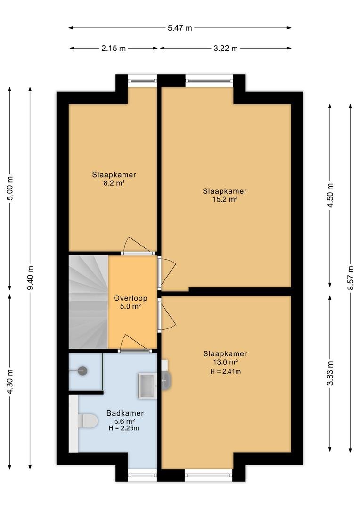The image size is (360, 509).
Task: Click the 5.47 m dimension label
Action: [x=180, y=28]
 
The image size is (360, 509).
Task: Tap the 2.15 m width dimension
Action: [x=114, y=49]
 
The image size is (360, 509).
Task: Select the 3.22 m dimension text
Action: [x=226, y=49]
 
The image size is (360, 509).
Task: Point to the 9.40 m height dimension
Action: [x=30, y=278]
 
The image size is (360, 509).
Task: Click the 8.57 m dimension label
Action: [x=350, y=278]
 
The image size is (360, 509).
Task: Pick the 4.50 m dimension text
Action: [x=330, y=195]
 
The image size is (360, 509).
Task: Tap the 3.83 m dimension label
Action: [x=330, y=373]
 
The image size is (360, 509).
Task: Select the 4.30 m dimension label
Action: [x=10, y=382]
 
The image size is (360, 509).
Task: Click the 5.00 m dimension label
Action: [x=10, y=188]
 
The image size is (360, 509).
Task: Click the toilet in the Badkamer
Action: [x=88, y=421]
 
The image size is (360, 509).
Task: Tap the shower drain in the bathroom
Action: [x=83, y=371]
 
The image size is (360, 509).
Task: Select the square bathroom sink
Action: [x=147, y=386]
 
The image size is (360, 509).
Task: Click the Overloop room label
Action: [x=131, y=298]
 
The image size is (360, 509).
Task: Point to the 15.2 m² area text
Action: [x=225, y=199]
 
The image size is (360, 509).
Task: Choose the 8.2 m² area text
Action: [x=114, y=183]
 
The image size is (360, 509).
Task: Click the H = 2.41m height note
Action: [x=225, y=371]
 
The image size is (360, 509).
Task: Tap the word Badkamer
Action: [x=125, y=413]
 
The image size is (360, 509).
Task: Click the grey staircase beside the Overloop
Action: [x=88, y=302]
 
